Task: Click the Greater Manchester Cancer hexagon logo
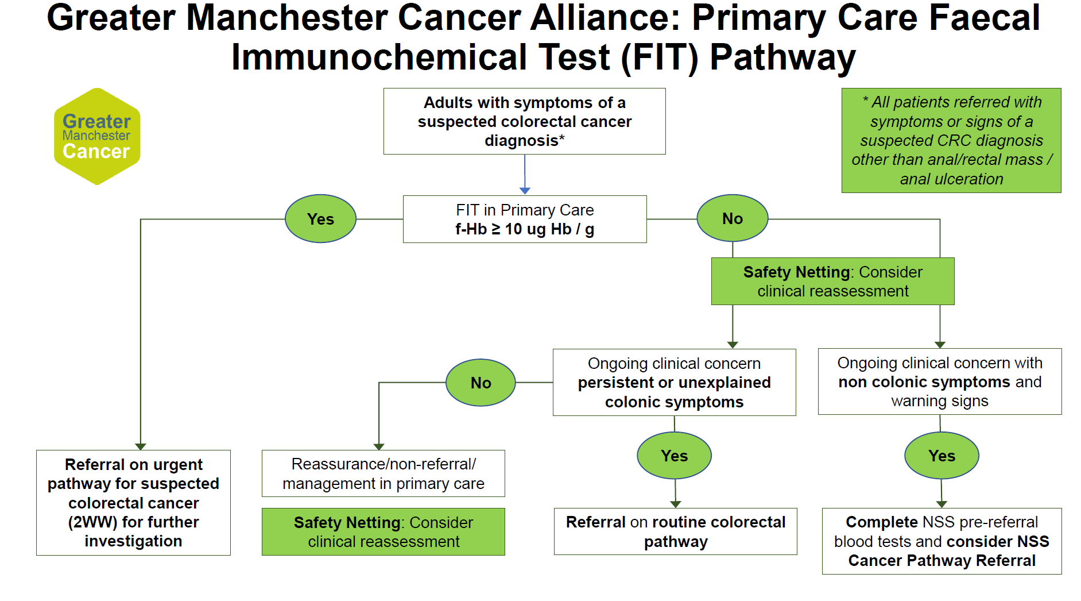point(96,137)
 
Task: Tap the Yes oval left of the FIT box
point(320,219)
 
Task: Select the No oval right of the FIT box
point(732,218)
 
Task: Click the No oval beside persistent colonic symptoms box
point(481,383)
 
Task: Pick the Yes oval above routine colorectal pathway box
point(674,456)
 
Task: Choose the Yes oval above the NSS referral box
point(941,456)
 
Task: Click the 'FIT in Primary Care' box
point(525,219)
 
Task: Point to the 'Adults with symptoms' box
point(524,121)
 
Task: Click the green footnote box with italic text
point(951,140)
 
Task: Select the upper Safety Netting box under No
point(832,281)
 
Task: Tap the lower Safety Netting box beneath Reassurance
point(383,531)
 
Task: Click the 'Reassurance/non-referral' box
point(383,473)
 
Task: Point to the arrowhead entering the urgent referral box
point(141,446)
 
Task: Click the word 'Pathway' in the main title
point(782,57)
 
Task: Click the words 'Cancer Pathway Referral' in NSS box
point(941,561)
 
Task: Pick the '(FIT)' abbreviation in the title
point(660,57)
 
